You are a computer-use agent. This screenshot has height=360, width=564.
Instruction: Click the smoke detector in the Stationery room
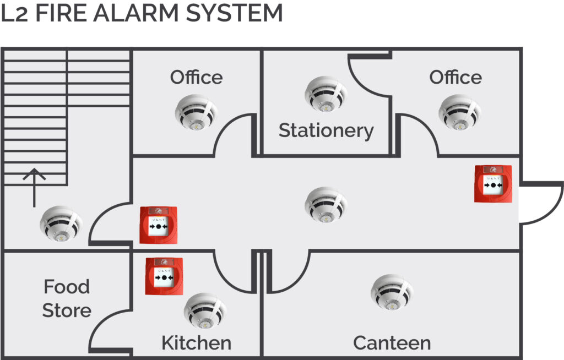[326, 94]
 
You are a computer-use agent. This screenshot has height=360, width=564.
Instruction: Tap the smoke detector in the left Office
[197, 112]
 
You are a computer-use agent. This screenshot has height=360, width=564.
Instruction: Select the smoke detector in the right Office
[460, 112]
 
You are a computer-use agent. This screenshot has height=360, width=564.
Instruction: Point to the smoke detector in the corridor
[326, 205]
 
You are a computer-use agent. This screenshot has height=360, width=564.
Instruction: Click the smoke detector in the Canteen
[392, 292]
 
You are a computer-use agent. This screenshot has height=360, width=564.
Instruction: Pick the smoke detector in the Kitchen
[205, 311]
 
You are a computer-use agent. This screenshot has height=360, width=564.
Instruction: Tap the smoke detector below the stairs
[61, 223]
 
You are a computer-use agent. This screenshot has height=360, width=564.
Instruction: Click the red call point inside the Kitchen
[164, 276]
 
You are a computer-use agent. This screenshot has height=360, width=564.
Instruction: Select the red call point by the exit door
[493, 184]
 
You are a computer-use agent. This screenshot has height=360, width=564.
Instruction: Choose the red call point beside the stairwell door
[159, 225]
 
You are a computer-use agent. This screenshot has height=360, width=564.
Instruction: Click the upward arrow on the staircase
[34, 187]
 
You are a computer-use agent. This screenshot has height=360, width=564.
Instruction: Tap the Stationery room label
[326, 130]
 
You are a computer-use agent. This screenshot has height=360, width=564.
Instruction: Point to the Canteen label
[392, 343]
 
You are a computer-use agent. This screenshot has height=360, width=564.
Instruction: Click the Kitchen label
[197, 343]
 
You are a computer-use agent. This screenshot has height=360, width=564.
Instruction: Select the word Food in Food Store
[67, 287]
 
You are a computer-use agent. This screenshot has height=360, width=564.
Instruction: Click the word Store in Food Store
[67, 310]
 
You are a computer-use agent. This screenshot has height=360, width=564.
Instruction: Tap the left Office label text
[197, 77]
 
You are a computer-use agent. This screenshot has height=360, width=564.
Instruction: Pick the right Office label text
[455, 77]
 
